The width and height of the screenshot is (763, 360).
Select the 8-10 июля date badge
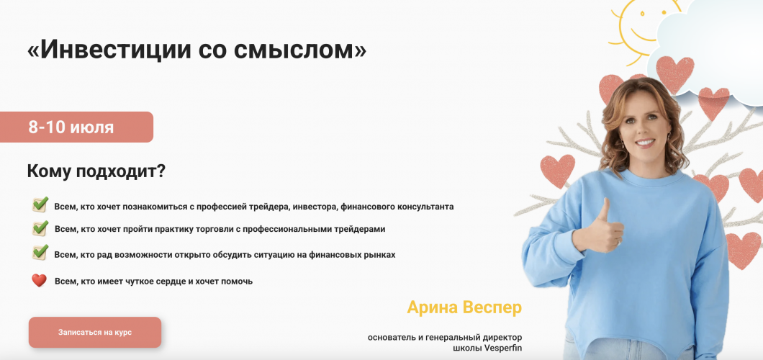pyautogui.click(x=76, y=127)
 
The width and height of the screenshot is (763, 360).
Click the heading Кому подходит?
pyautogui.click(x=96, y=171)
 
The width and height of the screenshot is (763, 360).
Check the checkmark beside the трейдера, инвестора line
pyautogui.click(x=40, y=205)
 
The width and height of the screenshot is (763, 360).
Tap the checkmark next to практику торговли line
pyautogui.click(x=40, y=228)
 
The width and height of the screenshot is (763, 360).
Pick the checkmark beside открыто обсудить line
pyautogui.click(x=40, y=253)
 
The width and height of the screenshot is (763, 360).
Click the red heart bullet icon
pyautogui.click(x=39, y=281)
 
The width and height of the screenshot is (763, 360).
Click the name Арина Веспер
pyautogui.click(x=464, y=307)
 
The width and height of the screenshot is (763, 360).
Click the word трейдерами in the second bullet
pyautogui.click(x=361, y=230)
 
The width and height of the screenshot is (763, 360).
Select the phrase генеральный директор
pyautogui.click(x=479, y=337)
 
